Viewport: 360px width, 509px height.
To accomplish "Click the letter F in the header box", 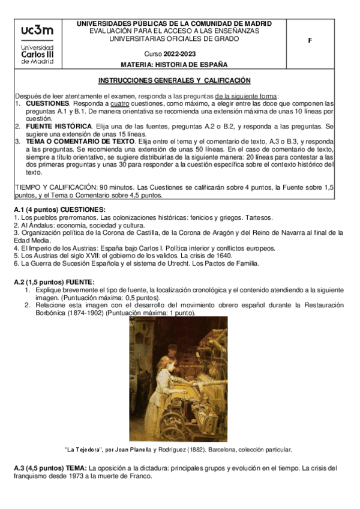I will point(310,41).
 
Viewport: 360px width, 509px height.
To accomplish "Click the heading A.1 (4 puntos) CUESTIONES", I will point(51,209).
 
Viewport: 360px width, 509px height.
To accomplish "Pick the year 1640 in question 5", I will point(223,255).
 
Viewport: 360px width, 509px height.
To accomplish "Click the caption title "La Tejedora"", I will point(83,449).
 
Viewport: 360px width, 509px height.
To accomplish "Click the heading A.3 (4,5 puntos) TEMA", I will point(50,468).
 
